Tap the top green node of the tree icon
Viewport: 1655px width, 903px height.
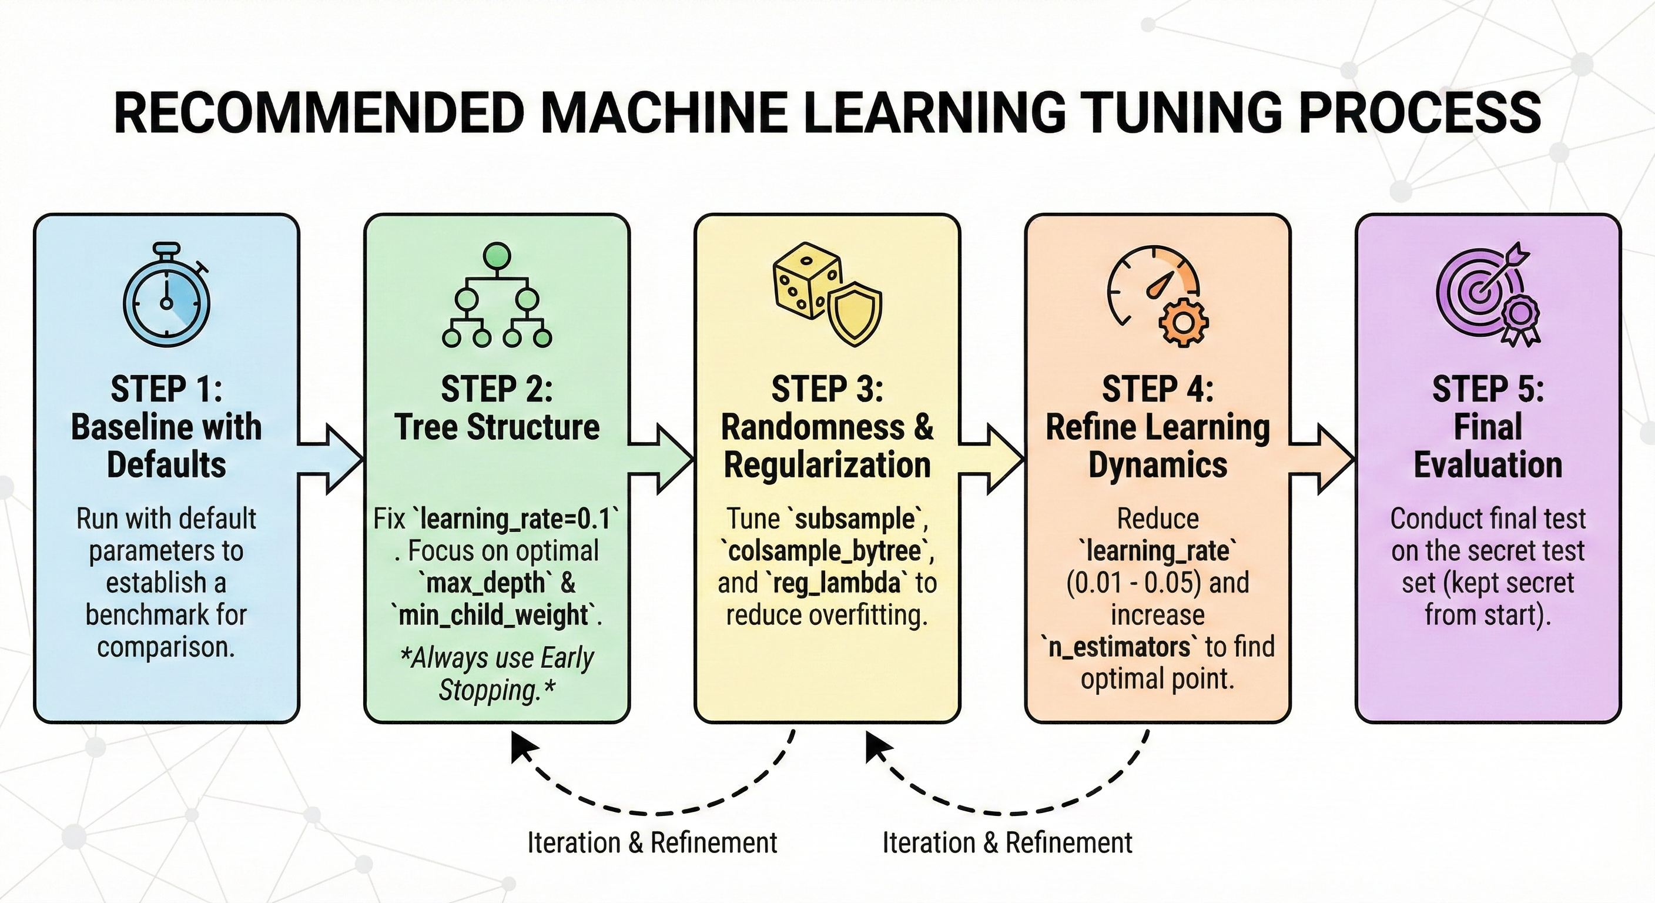click(497, 256)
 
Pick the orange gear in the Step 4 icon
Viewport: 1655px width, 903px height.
click(1183, 323)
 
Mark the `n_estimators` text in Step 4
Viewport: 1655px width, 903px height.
click(1119, 647)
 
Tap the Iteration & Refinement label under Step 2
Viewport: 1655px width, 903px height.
click(652, 842)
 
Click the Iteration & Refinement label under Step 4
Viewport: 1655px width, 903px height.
click(1007, 842)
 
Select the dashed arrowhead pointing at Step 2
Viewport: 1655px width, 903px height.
click(523, 747)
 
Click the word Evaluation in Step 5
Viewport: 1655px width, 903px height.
click(1488, 464)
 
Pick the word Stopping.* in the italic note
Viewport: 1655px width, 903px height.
click(497, 690)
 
